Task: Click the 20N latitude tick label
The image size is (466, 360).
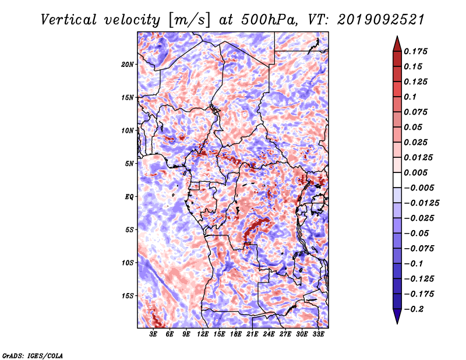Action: point(128,65)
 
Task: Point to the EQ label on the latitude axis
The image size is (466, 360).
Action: point(129,197)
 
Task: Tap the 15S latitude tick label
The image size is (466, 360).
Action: point(128,296)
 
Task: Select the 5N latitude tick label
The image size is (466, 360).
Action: point(129,164)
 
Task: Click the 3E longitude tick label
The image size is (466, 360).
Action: point(153,334)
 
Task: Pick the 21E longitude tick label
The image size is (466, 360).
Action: point(252,334)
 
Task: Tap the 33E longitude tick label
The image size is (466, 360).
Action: point(318,334)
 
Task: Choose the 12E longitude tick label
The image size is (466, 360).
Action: point(202,334)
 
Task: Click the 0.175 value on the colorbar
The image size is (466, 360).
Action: point(415,51)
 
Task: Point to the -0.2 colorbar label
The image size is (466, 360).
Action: point(414,309)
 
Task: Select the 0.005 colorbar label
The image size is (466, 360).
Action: point(415,172)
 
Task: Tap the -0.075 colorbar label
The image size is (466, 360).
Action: point(419,249)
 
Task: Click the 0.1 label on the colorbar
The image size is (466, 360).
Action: point(410,97)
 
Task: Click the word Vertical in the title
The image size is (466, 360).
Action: point(69,20)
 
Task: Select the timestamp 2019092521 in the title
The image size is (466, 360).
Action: point(381,20)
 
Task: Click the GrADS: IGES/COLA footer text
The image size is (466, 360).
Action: point(33,355)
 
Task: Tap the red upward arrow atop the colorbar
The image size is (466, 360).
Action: point(397,44)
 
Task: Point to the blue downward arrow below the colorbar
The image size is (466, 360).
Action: point(397,316)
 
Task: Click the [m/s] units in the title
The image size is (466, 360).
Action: point(189,20)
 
